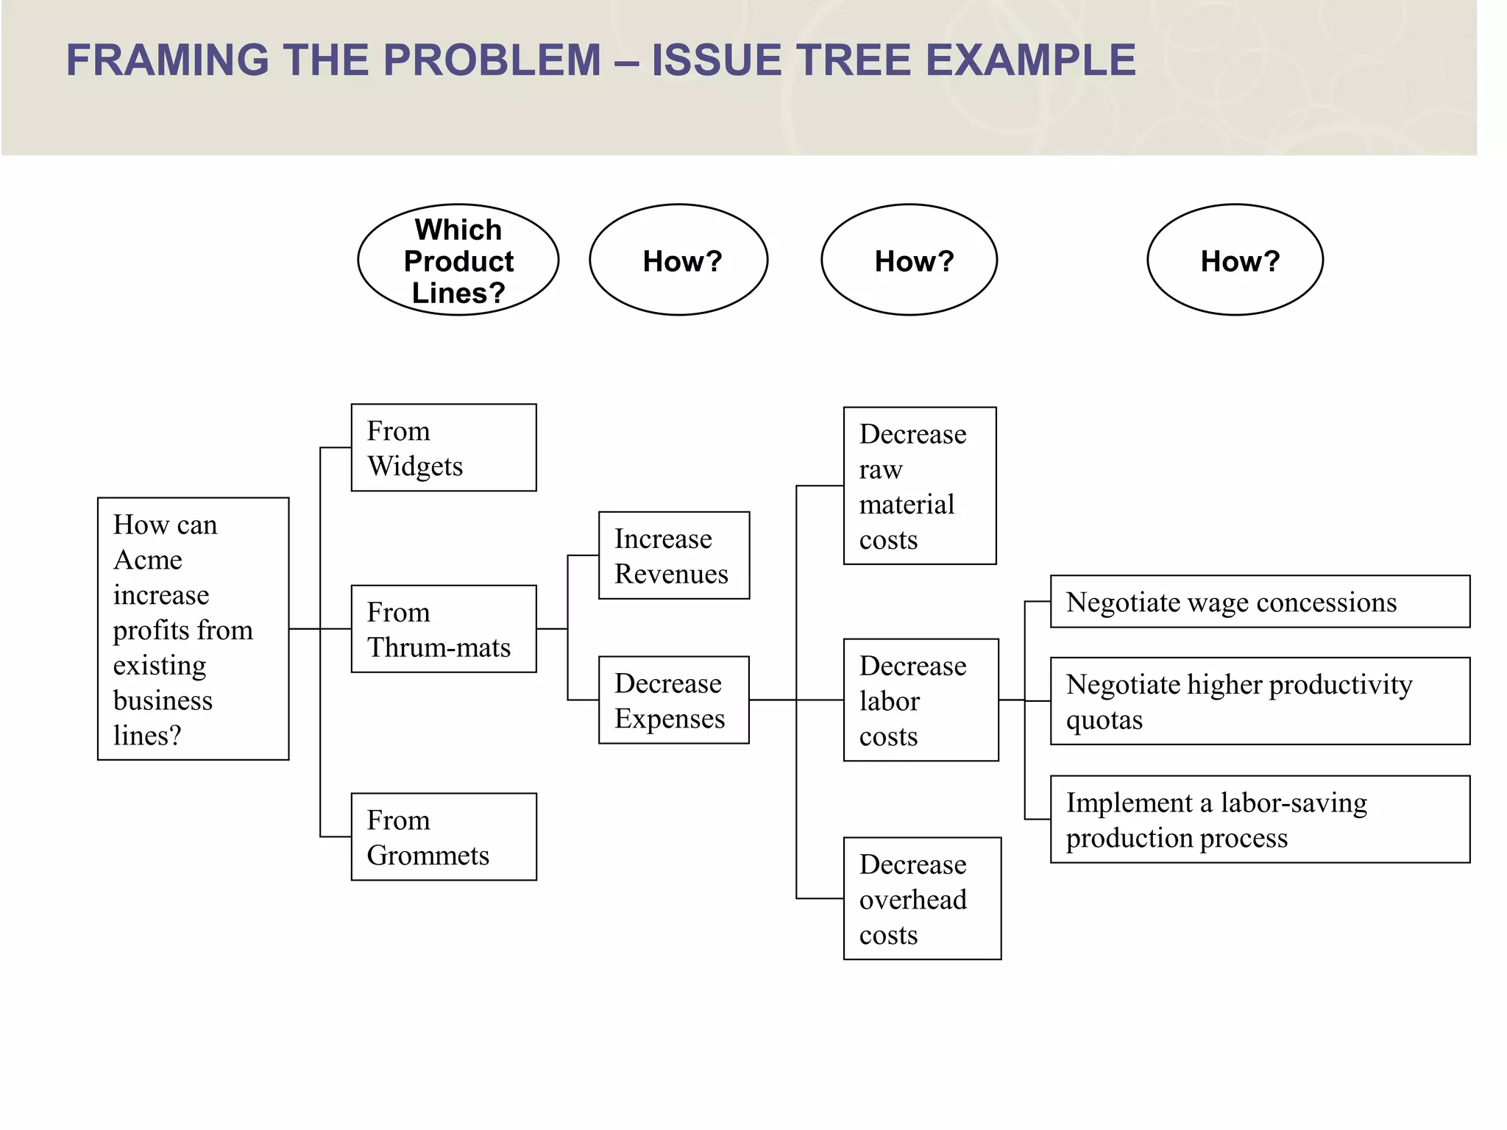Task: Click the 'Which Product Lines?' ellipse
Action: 458,260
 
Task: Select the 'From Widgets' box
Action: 444,447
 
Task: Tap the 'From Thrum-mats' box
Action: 444,629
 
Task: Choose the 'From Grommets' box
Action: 444,836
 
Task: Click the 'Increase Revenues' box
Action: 674,555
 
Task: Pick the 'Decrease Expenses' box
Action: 674,700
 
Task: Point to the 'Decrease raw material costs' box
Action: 920,486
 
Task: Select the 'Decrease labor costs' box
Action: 921,700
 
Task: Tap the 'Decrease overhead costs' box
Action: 922,898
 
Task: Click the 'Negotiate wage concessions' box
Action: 1260,602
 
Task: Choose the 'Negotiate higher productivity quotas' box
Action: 1260,701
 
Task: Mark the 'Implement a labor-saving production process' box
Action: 1260,819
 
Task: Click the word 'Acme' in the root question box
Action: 148,561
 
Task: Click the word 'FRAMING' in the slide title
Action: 168,60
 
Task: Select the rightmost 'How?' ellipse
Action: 1235,260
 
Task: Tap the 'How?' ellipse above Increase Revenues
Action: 678,260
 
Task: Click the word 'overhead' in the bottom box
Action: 913,900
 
